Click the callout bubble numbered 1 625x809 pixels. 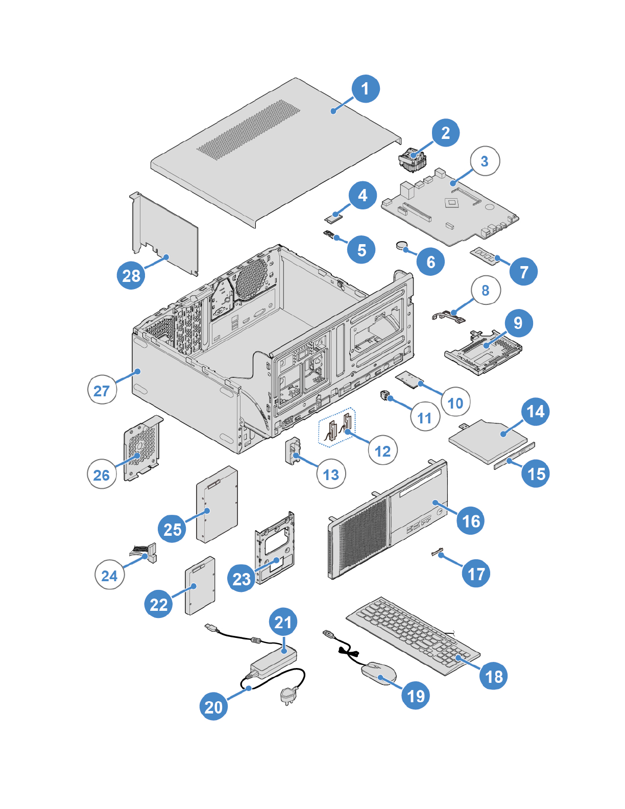point(365,89)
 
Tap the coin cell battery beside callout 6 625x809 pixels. point(403,246)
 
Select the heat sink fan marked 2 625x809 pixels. point(412,159)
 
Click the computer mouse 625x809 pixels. point(378,673)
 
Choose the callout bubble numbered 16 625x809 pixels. point(471,521)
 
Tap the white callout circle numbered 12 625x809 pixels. point(382,450)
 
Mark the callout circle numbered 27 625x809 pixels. point(102,390)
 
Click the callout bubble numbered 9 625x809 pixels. point(518,323)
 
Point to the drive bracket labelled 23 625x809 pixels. point(275,548)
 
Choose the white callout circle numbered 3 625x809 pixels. point(485,161)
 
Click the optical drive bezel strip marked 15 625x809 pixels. point(514,456)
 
